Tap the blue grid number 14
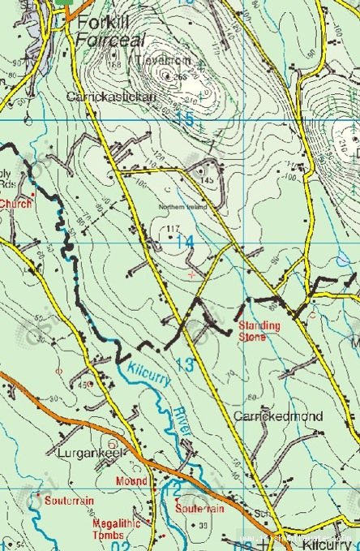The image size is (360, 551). tap(185, 242)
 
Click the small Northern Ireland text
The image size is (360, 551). tap(183, 207)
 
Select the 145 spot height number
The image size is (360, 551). tap(208, 179)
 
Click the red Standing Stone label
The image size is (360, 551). tap(259, 330)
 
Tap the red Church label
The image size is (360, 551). tap(15, 204)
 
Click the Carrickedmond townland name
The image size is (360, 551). tap(278, 416)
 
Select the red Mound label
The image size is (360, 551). tap(131, 481)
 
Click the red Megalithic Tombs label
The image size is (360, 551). tap(116, 529)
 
